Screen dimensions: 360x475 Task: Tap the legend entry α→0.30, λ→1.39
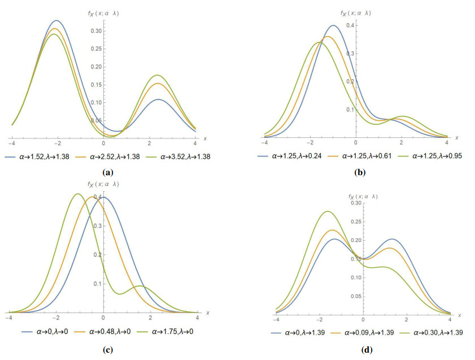[432, 333]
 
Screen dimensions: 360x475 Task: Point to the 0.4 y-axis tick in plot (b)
[350, 25]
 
